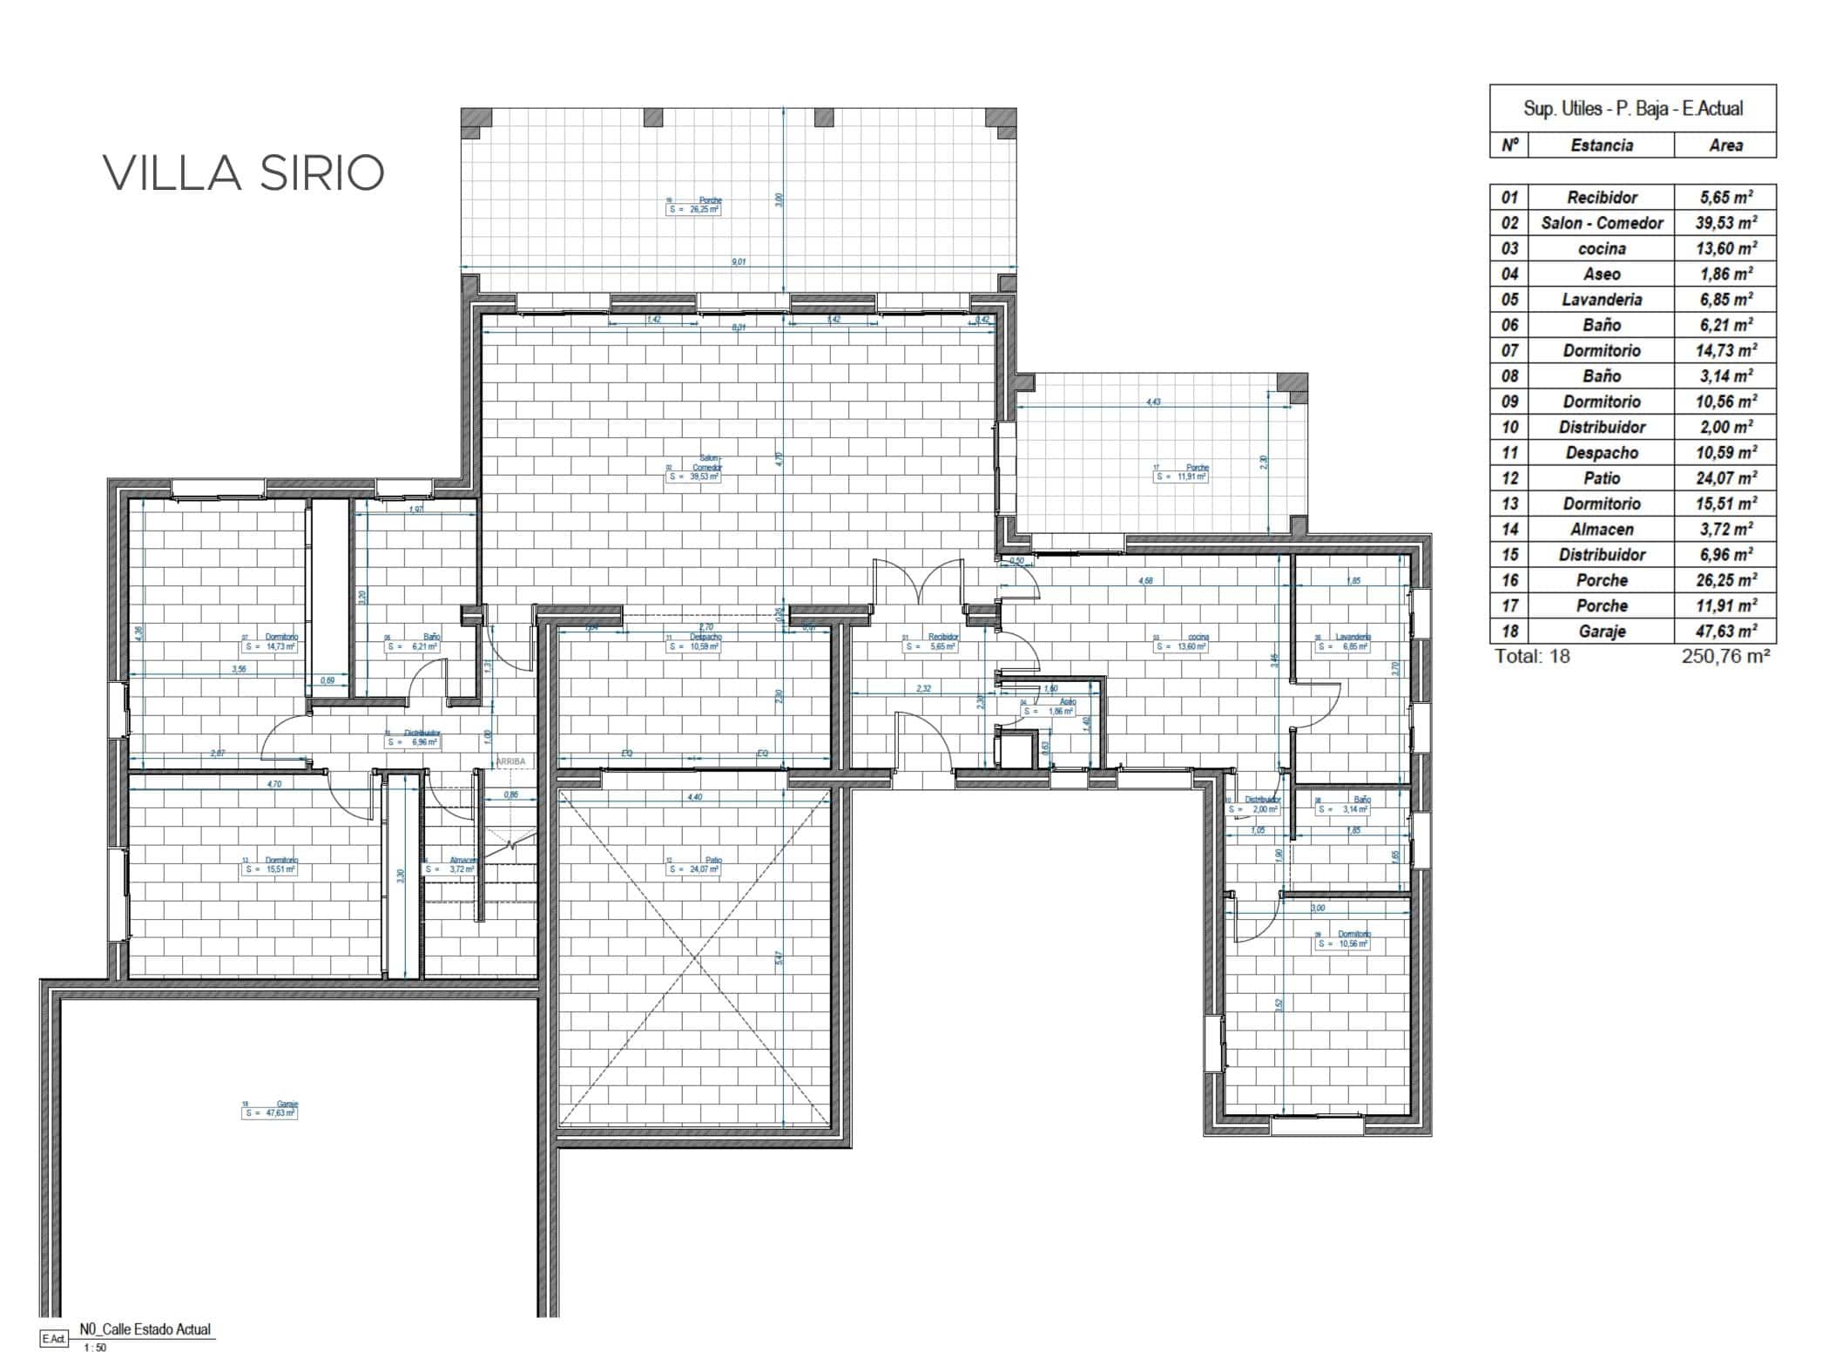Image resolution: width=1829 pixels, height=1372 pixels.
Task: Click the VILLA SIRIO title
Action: [244, 173]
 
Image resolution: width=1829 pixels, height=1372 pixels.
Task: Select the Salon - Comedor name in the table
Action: [1601, 223]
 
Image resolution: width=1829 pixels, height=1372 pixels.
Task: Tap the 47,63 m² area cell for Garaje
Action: [1724, 631]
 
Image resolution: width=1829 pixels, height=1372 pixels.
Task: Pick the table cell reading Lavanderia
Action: [1601, 300]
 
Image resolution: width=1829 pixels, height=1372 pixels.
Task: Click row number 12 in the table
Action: [1509, 478]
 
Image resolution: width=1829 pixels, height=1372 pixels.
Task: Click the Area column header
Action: [1724, 145]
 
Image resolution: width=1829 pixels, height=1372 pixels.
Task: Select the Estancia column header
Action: [1601, 145]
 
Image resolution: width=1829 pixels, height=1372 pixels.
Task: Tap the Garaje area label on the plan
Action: [270, 1109]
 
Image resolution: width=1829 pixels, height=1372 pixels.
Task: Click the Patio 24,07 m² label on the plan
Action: [694, 865]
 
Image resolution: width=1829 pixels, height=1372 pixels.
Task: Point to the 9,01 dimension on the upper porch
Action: [739, 261]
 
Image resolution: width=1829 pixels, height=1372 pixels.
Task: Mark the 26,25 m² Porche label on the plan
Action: [694, 206]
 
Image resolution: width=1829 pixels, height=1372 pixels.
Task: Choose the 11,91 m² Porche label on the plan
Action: [1181, 473]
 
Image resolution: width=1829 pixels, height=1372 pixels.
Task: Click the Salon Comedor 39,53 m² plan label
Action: [694, 472]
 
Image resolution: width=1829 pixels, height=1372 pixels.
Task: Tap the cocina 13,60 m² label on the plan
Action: [1181, 642]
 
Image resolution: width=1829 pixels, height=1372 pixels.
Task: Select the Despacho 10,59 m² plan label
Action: [694, 642]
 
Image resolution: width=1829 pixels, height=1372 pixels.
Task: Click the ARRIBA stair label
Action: [510, 761]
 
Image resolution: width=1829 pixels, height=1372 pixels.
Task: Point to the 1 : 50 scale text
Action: [95, 1348]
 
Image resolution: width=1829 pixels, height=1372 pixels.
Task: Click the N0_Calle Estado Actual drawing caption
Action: [145, 1329]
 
